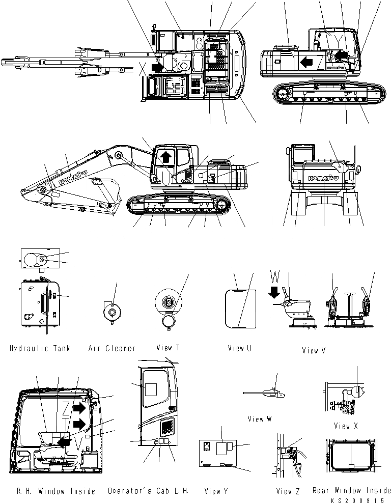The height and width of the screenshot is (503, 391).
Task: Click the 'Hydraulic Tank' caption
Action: (39, 349)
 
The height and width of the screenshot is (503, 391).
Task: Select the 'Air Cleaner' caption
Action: (112, 349)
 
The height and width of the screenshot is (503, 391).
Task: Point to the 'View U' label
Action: (240, 349)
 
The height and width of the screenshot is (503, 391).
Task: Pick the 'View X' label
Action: (346, 426)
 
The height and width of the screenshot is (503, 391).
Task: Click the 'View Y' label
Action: (215, 491)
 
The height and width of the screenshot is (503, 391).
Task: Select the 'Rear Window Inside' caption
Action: (352, 490)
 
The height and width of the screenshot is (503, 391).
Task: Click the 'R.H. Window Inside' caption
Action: (52, 491)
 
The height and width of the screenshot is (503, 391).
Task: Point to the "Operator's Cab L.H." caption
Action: (148, 491)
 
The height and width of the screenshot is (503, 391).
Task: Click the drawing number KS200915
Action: (366, 500)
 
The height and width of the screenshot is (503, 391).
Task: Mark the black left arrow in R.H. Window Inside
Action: (65, 441)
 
